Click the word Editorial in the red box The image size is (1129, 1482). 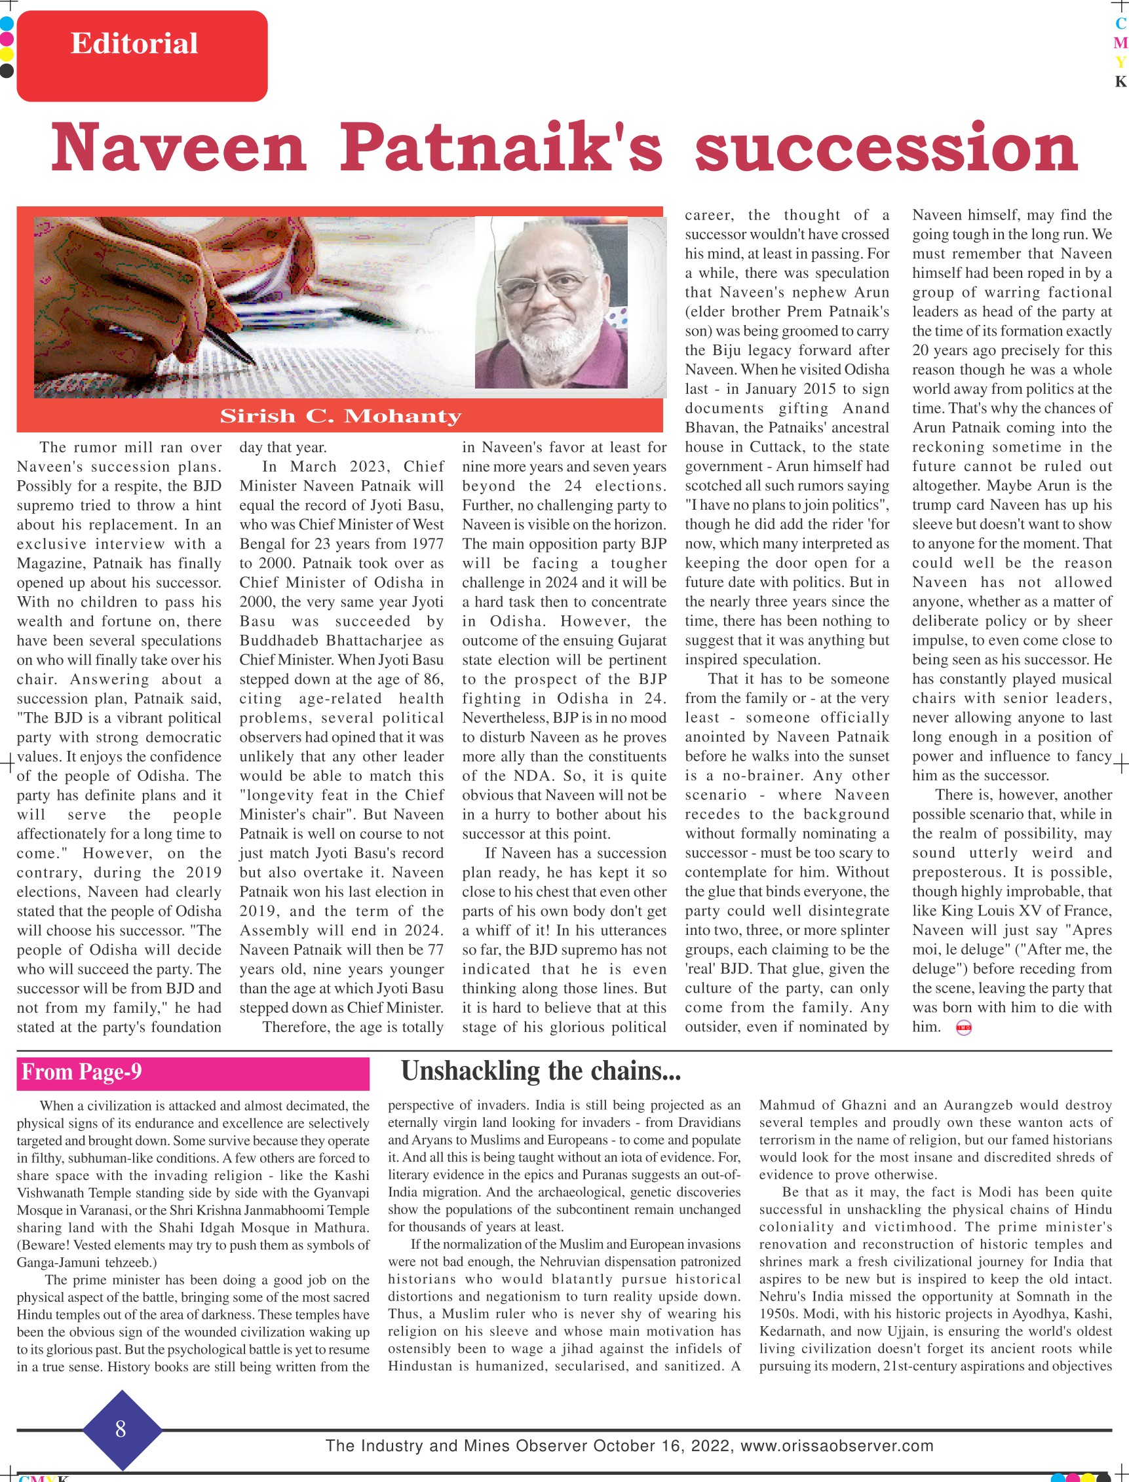click(134, 44)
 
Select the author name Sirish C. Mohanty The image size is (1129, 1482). click(341, 417)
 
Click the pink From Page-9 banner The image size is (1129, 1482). click(193, 1073)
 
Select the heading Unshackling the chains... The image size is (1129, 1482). click(541, 1071)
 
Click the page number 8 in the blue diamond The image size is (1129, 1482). click(121, 1429)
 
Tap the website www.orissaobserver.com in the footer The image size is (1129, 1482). click(837, 1446)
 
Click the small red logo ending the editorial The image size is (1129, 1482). click(963, 1028)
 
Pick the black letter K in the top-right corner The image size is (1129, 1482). click(1120, 81)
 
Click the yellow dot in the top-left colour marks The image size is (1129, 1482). click(7, 54)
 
